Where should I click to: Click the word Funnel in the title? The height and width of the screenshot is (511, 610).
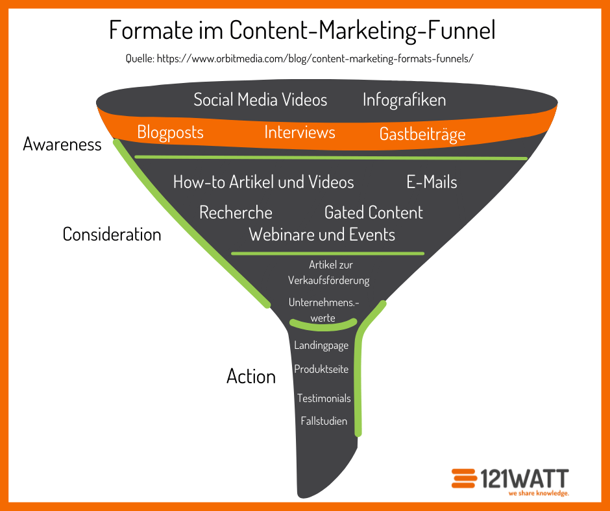pos(461,30)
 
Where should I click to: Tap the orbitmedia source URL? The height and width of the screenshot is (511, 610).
pos(315,59)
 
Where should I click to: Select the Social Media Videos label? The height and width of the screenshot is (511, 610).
pos(260,100)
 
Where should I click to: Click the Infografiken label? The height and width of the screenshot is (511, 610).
pos(404,100)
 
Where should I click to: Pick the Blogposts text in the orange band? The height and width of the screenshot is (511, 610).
pos(171,132)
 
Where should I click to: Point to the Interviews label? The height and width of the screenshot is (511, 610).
pos(300,132)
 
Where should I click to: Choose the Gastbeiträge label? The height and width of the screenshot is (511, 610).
pos(422,134)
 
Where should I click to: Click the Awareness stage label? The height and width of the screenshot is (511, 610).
pos(62,144)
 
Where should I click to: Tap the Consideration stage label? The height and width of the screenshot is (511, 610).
pos(112,235)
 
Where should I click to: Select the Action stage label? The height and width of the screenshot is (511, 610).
pos(251,377)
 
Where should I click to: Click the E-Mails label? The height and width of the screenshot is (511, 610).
pos(432,182)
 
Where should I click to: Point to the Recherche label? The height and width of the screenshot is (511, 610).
pos(236,213)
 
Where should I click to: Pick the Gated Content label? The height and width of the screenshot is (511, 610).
pos(374,213)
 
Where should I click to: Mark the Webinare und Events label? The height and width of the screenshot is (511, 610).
pos(322,235)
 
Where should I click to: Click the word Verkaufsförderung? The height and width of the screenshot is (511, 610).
pos(329,280)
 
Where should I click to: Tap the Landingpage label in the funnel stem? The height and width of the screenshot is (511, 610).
pos(321,346)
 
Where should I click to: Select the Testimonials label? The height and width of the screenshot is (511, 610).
pos(324,398)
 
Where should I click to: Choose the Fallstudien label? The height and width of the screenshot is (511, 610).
pos(324,421)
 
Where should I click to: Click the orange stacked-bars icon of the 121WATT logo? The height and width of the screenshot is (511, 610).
pos(464,479)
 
